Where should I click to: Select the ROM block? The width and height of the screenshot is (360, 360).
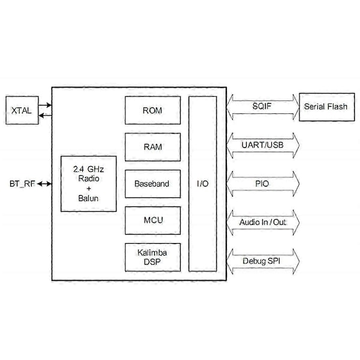point(152,110)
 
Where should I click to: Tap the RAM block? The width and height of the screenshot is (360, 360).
point(152,147)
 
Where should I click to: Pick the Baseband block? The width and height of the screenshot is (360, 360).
point(152,184)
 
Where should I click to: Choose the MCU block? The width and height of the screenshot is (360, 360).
point(152,220)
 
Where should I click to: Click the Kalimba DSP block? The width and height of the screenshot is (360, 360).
point(152,257)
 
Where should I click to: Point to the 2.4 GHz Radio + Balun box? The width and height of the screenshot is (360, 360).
point(88,184)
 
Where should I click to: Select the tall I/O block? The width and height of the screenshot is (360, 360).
point(202,183)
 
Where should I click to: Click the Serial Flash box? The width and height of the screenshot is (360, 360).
point(325,107)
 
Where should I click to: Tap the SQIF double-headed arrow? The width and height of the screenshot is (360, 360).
point(263,107)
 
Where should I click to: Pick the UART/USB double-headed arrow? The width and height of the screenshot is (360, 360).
point(263,145)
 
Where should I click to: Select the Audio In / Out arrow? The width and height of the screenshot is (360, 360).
point(263,222)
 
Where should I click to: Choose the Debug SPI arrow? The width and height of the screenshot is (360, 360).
point(263,261)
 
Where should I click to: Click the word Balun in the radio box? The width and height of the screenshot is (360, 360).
point(88,198)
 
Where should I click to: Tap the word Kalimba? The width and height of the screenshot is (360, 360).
point(152,253)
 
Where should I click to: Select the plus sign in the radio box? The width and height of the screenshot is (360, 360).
point(88,188)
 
